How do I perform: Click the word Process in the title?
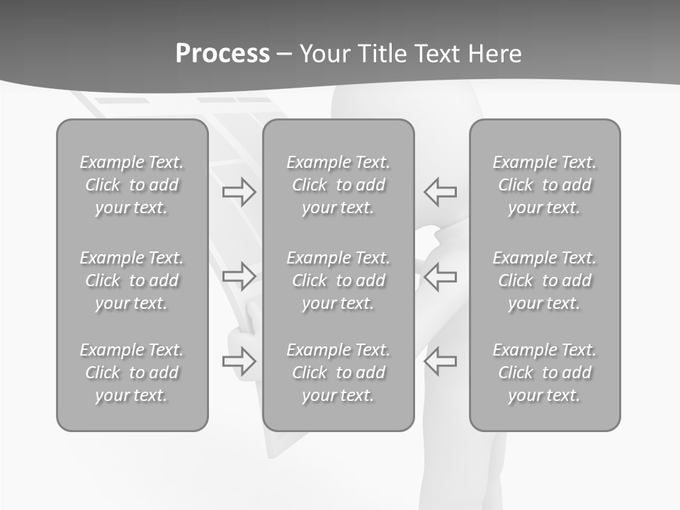coord(222,54)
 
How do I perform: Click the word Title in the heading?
coord(381,54)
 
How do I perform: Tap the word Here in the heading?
coord(493,54)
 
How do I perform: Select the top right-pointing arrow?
coord(239,191)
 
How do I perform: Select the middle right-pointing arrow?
coord(239,276)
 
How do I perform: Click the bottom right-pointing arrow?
coord(239,361)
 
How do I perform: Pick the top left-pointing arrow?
coord(441,191)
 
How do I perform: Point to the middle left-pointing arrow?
coord(441,276)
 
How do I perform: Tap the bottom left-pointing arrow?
coord(441,361)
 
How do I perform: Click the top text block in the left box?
coord(132,185)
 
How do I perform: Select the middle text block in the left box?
coord(132,280)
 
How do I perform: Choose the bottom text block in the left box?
coord(132,373)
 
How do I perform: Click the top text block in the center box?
coord(339,185)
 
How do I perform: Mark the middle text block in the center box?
coord(339,280)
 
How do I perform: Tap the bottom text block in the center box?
coord(339,373)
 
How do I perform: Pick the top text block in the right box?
coord(545,185)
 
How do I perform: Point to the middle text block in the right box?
coord(545,280)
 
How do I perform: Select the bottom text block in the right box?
coord(545,373)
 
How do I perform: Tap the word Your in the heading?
coord(324,54)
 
